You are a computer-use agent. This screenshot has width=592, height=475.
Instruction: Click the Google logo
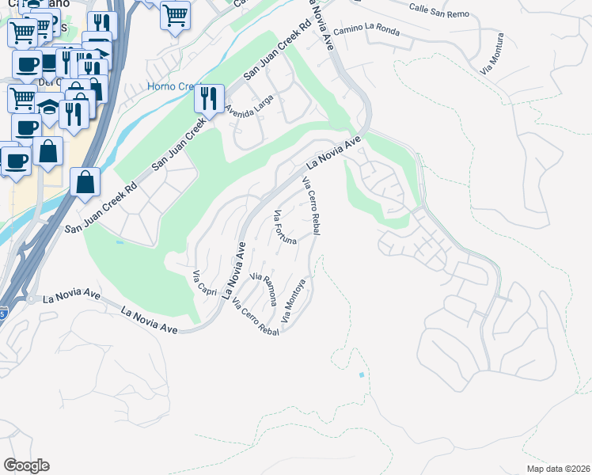tap(26, 465)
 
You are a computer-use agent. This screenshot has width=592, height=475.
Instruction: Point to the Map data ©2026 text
tap(558, 469)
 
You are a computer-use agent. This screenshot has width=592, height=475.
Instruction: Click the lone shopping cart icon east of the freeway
tap(175, 14)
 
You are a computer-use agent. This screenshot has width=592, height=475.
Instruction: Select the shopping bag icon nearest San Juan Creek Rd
tap(85, 182)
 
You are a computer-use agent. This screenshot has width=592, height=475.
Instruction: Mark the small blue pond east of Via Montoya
tap(362, 374)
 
